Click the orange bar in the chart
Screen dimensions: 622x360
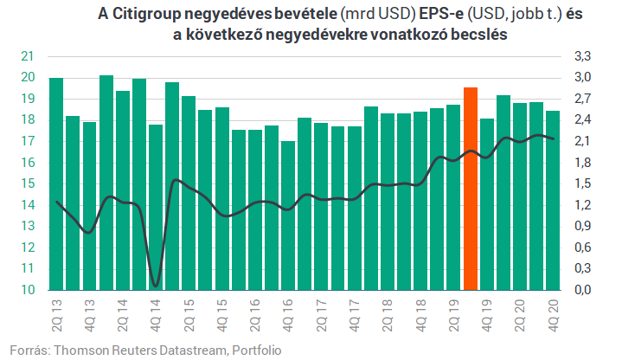[x=471, y=189]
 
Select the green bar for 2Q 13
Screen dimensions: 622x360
[x=56, y=183]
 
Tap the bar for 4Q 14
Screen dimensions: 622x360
[x=156, y=207]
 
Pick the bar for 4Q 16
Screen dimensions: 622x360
[x=288, y=215]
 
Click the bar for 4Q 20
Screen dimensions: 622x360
[x=553, y=201]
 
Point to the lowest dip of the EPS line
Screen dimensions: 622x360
[x=156, y=286]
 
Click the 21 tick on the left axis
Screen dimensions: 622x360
[x=28, y=56]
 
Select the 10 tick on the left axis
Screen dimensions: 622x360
[x=28, y=290]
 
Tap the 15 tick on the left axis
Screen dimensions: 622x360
[x=28, y=183]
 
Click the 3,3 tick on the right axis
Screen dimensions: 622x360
[x=582, y=56]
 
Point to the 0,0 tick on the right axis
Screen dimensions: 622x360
[x=582, y=290]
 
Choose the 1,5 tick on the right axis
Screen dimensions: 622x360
[x=582, y=183]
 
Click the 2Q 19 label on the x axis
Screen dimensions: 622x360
[x=454, y=315]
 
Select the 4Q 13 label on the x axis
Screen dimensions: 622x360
[x=90, y=315]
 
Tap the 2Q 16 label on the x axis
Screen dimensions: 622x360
[x=255, y=315]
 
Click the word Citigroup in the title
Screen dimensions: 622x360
[x=146, y=15]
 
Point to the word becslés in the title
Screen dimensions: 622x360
[x=478, y=35]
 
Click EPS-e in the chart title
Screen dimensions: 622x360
[x=441, y=14]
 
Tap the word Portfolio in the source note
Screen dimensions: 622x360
[x=257, y=350]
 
